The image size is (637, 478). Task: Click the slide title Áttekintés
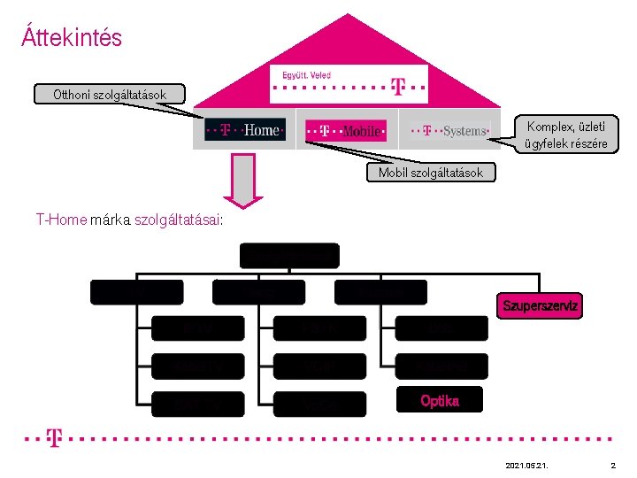[72, 38]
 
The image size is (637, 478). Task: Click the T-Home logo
[245, 130]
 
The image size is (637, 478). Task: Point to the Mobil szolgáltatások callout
[431, 173]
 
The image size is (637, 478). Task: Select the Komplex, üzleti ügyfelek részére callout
[566, 135]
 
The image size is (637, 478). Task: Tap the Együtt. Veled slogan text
[306, 75]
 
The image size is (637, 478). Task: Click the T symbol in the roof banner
[398, 87]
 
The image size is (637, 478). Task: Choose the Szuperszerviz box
[540, 306]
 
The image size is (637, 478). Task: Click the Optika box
[440, 400]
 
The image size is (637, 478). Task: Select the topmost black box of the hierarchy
[289, 256]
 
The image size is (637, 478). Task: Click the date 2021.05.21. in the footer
[525, 465]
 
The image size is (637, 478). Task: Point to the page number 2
[612, 465]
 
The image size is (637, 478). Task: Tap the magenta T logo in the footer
[55, 438]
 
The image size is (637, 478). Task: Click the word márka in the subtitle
[111, 221]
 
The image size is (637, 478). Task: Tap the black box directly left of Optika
[319, 403]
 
